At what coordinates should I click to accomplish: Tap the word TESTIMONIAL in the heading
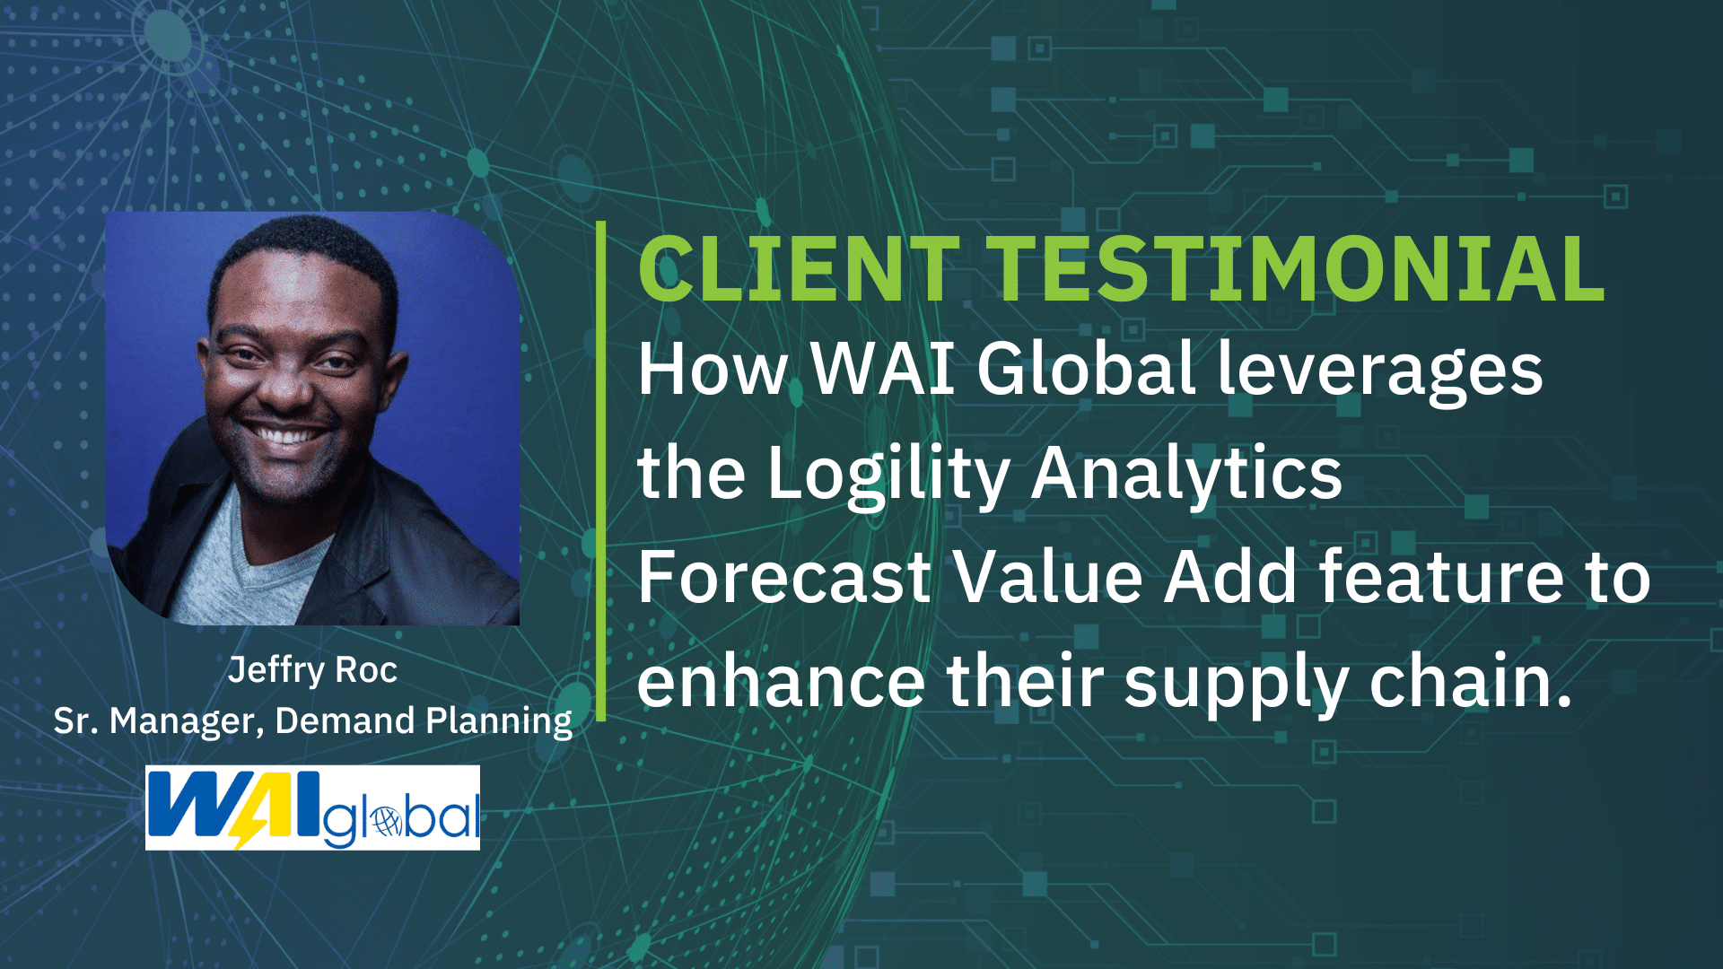tap(1296, 269)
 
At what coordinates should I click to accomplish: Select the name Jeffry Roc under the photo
tap(312, 670)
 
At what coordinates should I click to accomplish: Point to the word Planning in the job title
tap(498, 721)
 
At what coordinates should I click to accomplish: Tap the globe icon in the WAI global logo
tap(387, 820)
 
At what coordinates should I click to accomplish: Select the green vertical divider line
tap(600, 471)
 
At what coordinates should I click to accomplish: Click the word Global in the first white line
tap(1086, 369)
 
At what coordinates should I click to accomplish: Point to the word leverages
tap(1379, 371)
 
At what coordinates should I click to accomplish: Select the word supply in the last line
tap(1237, 684)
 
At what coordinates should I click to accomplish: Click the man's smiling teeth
tap(285, 437)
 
